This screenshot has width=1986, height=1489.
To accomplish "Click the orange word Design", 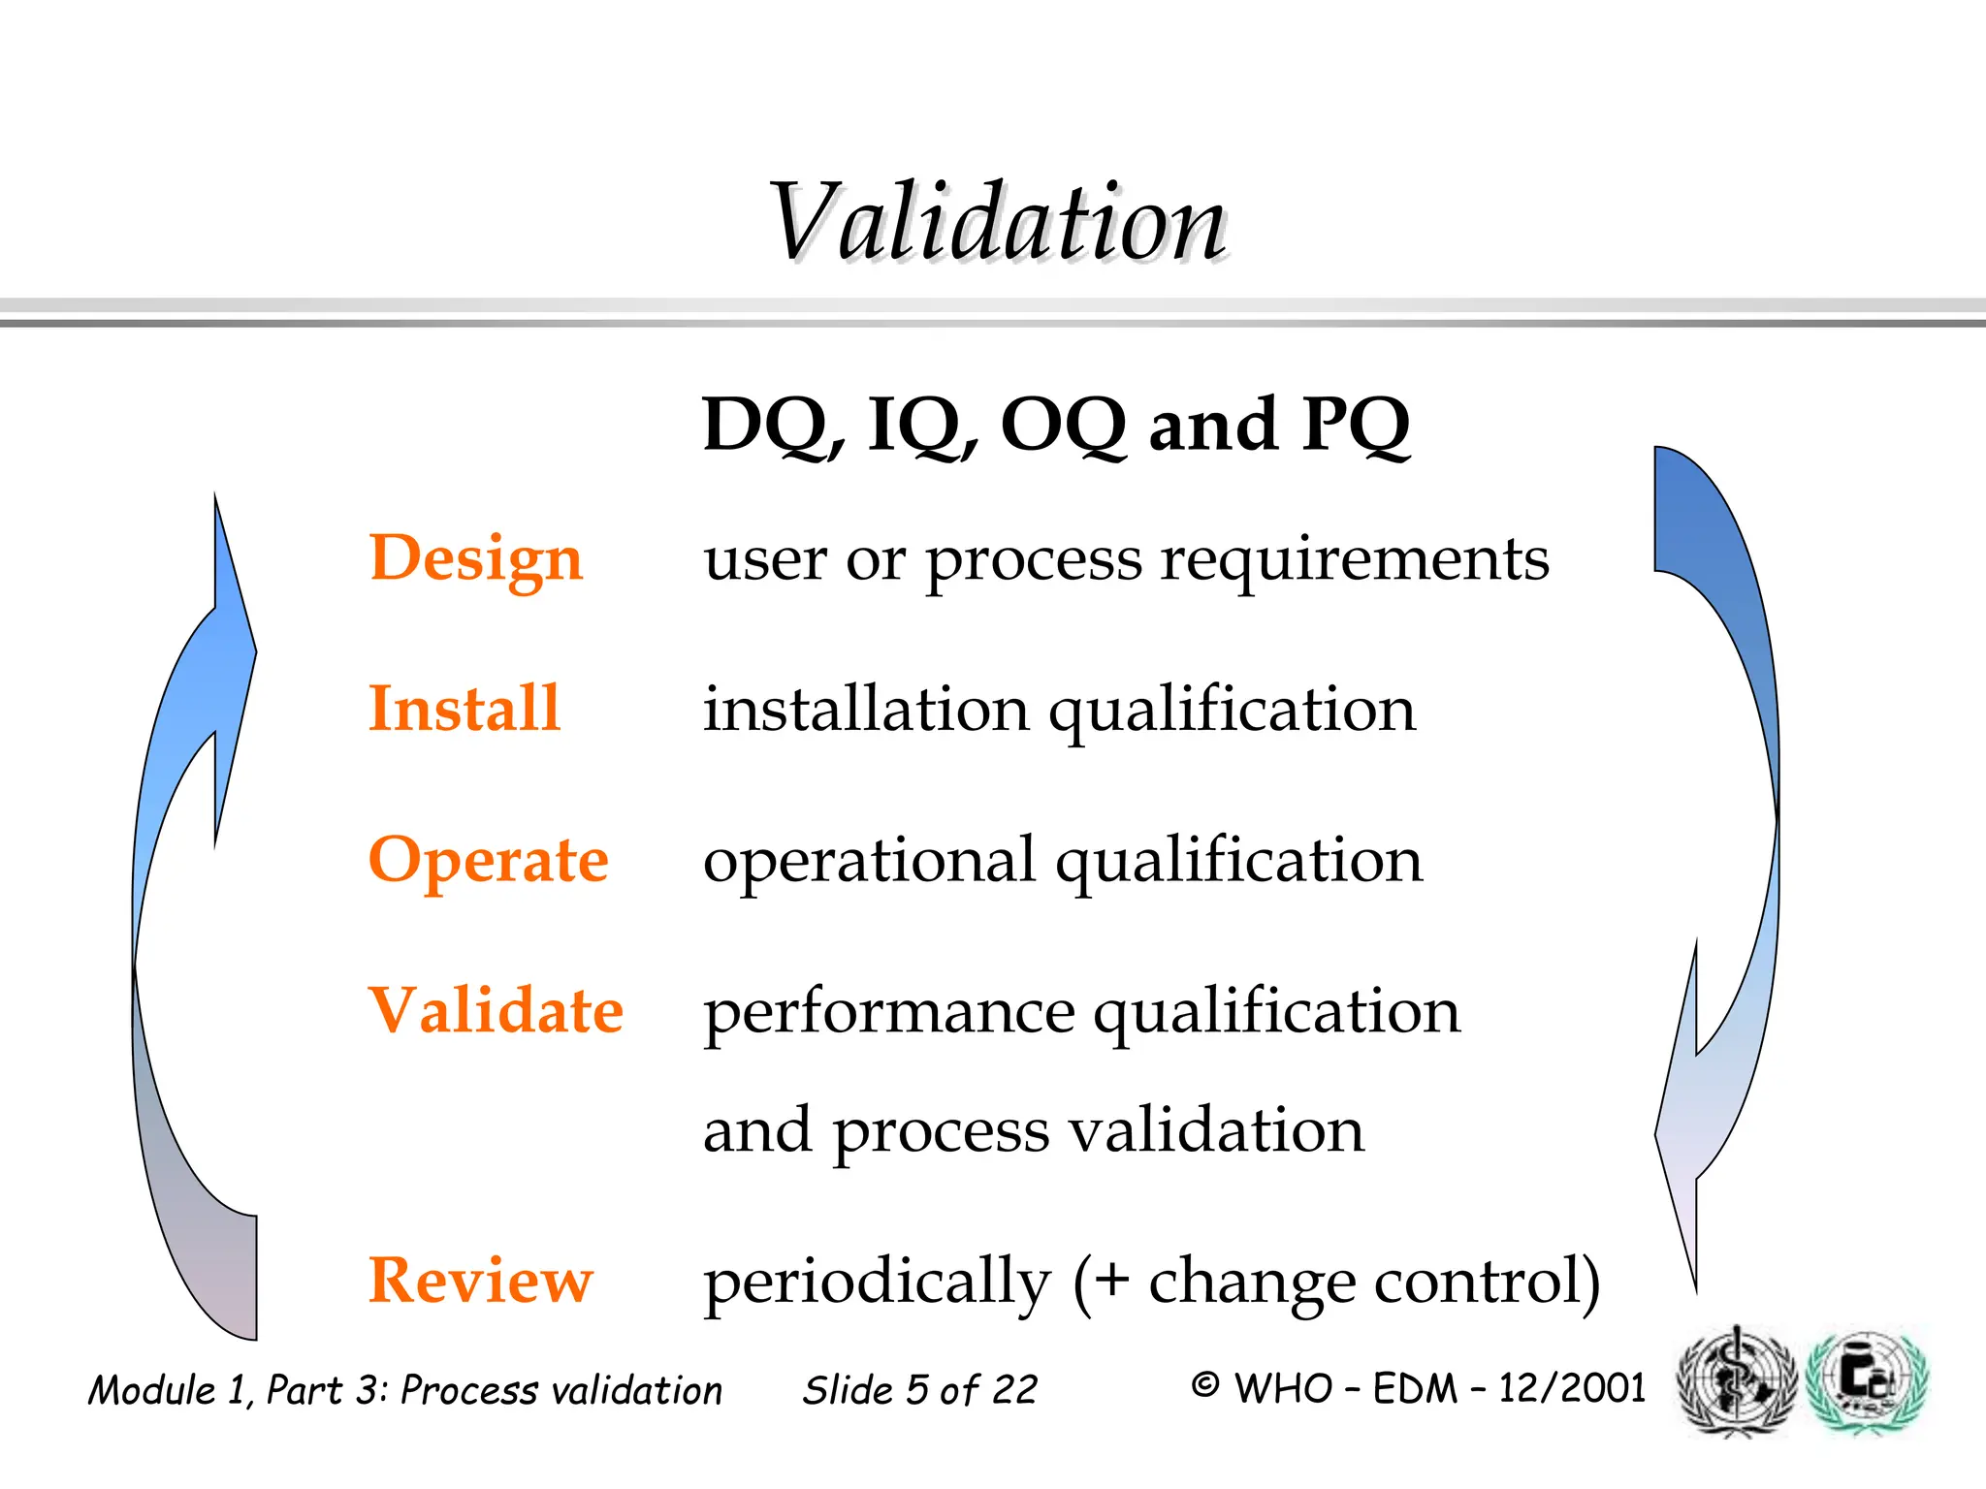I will (x=475, y=559).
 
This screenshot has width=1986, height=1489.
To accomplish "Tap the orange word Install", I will (x=464, y=708).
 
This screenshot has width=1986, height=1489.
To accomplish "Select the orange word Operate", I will (x=488, y=860).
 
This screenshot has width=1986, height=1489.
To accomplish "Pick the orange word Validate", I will (x=496, y=1010).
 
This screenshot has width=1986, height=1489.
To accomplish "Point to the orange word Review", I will (x=480, y=1280).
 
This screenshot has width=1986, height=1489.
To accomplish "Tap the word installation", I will (x=866, y=710).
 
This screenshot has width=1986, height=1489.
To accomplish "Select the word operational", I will (x=870, y=860).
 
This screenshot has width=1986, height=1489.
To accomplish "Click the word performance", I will (x=888, y=1011).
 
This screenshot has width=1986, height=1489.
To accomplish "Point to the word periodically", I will (x=877, y=1282).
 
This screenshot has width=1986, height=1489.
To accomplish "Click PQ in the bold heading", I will (x=1356, y=426).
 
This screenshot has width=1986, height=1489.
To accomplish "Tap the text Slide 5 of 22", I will (x=919, y=1390).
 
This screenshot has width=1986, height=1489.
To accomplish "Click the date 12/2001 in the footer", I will (x=1572, y=1388).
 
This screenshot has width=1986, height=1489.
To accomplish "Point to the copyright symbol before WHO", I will (x=1204, y=1385).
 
